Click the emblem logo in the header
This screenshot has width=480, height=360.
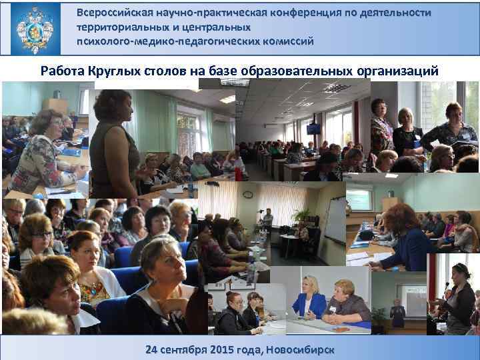pos(35,28)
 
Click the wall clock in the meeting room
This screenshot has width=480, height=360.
pos(247,194)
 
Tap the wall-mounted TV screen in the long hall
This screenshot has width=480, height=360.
pos(313,128)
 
